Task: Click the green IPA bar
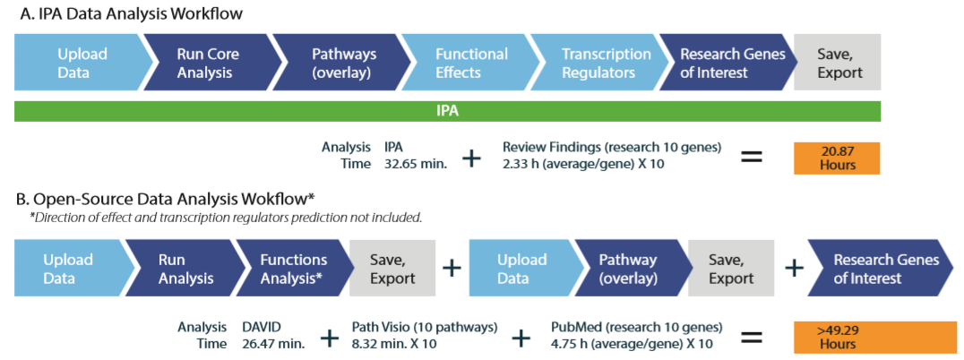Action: (x=448, y=111)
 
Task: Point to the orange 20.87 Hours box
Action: (x=837, y=159)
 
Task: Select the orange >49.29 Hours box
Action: (x=879, y=337)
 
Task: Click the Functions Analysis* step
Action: (x=293, y=269)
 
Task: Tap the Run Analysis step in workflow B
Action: (x=183, y=269)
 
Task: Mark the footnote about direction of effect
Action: (x=225, y=219)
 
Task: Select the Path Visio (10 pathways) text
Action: (x=425, y=327)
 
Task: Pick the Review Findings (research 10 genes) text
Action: (x=612, y=148)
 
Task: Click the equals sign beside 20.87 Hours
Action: (x=752, y=158)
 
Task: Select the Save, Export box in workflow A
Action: (x=838, y=63)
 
